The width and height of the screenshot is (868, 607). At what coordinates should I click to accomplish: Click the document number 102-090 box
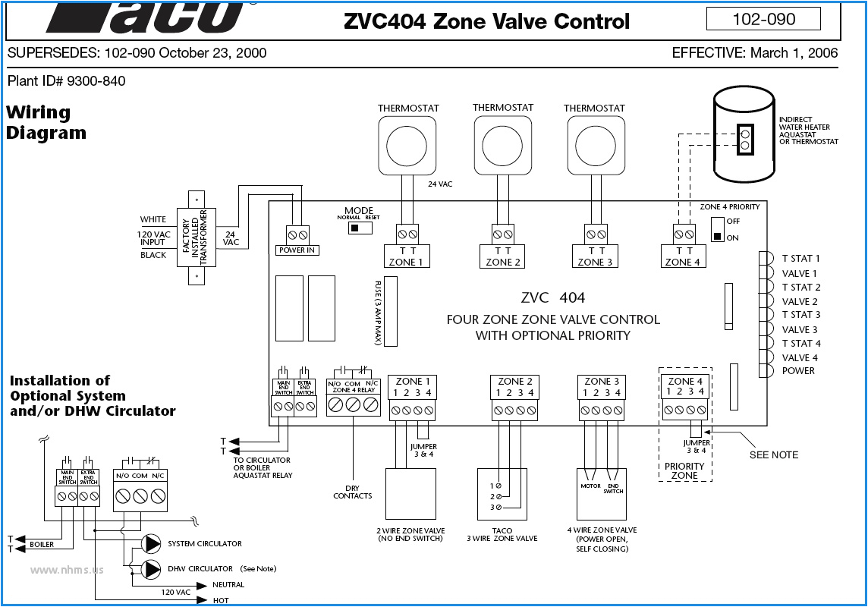pyautogui.click(x=763, y=19)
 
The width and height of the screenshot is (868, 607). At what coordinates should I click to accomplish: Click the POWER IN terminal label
pyautogui.click(x=297, y=250)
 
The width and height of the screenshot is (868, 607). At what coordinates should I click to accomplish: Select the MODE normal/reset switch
pyautogui.click(x=354, y=226)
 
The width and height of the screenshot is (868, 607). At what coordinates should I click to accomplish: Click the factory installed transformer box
pyautogui.click(x=197, y=237)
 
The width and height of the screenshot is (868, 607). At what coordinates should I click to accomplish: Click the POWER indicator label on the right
pyautogui.click(x=798, y=371)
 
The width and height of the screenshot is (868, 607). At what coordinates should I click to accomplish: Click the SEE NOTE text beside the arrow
pyautogui.click(x=774, y=454)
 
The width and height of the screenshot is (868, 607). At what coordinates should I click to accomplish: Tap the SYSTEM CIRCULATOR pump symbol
pyautogui.click(x=153, y=543)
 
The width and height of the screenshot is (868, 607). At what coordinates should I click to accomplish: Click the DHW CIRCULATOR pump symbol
pyautogui.click(x=153, y=568)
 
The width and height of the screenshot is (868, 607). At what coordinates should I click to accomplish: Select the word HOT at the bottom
pyautogui.click(x=222, y=600)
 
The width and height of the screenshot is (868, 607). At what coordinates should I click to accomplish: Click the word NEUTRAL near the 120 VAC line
pyautogui.click(x=228, y=585)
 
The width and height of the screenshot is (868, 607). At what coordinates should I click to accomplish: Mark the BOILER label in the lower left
pyautogui.click(x=42, y=545)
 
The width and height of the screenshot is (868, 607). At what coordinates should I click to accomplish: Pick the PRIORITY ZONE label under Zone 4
pyautogui.click(x=684, y=471)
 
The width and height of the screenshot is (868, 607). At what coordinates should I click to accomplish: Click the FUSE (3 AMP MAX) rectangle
pyautogui.click(x=392, y=311)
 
